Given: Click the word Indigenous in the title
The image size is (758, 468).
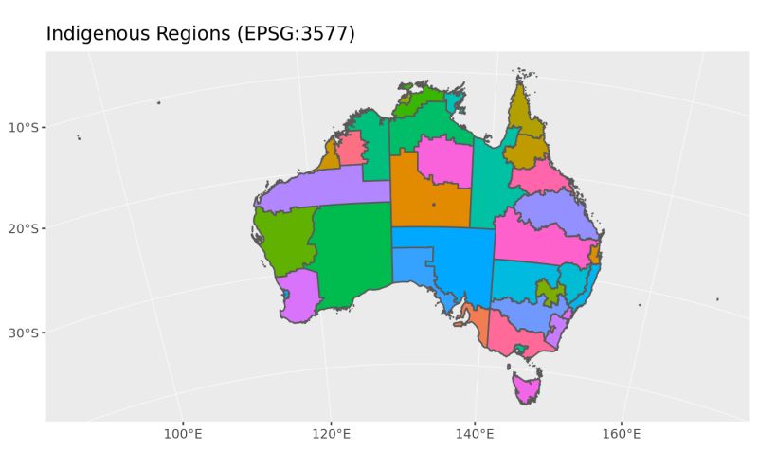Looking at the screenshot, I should (92, 34).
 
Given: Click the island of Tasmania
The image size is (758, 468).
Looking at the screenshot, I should (526, 387).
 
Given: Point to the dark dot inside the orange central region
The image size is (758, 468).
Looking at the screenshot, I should (434, 205).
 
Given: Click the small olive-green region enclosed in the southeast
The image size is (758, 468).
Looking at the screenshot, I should (546, 292).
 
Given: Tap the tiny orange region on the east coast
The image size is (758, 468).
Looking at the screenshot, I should (594, 254).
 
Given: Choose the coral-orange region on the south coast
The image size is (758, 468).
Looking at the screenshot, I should (477, 327).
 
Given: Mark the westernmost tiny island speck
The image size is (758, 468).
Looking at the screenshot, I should (79, 138).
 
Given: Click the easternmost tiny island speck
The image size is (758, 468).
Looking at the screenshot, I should (717, 299).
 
